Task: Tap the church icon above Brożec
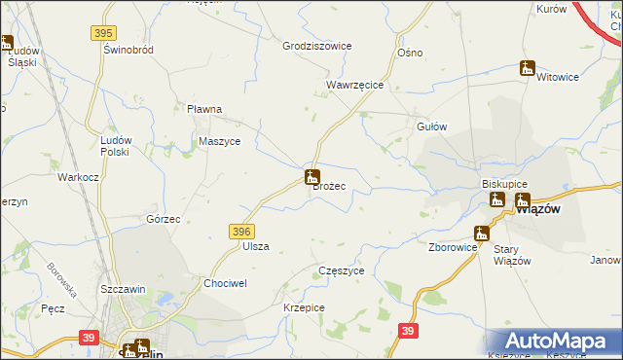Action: coord(311,177)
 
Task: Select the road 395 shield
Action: coord(104,33)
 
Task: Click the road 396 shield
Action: coord(242,231)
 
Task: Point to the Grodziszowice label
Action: coord(316,46)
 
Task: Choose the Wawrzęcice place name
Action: coord(354,86)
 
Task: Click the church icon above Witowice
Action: coord(528,68)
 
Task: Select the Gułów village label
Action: coord(431,126)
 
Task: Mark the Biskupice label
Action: coord(504,184)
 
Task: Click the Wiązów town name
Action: coord(536,207)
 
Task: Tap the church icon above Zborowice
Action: coord(481,233)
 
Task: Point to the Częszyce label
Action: coord(342,270)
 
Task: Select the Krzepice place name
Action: coord(304,307)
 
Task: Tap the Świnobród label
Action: coord(131,50)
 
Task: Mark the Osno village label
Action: coord(410,52)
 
